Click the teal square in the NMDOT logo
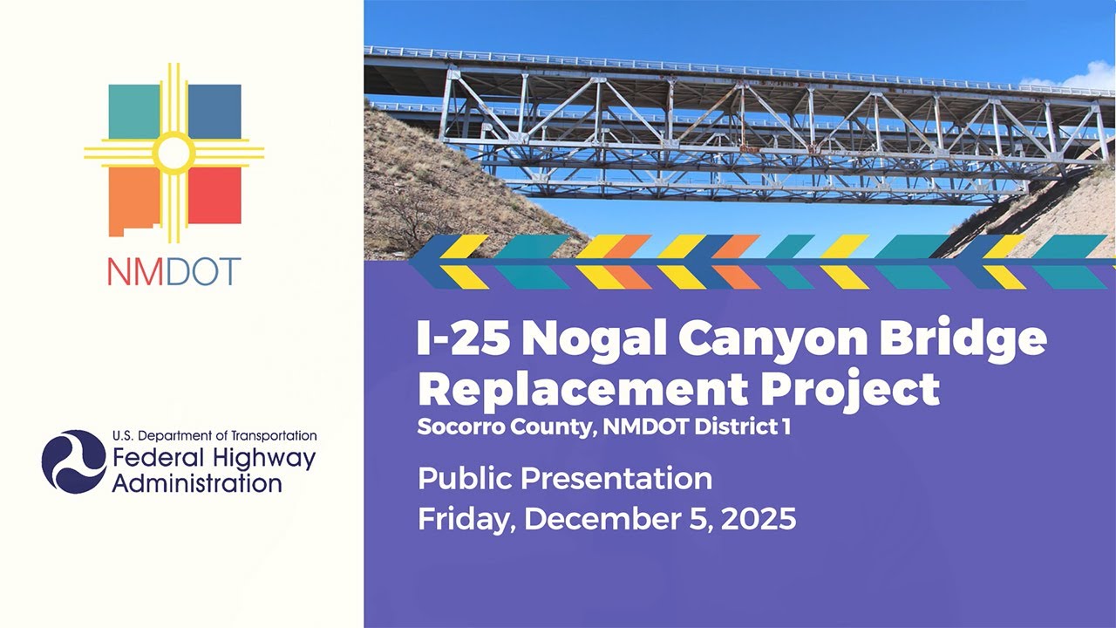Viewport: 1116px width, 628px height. (x=133, y=111)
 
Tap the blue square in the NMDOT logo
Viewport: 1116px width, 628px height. (x=215, y=111)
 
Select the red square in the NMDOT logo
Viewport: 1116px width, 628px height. (x=215, y=195)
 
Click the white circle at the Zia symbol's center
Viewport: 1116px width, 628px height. (x=174, y=154)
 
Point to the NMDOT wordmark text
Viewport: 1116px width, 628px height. (x=174, y=272)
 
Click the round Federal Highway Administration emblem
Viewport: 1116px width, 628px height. (x=73, y=461)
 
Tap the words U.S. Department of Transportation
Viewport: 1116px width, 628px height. (x=214, y=435)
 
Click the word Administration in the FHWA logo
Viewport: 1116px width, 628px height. (x=196, y=482)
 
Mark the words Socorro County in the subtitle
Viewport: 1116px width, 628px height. (x=503, y=428)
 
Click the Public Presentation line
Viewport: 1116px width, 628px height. (x=564, y=478)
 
